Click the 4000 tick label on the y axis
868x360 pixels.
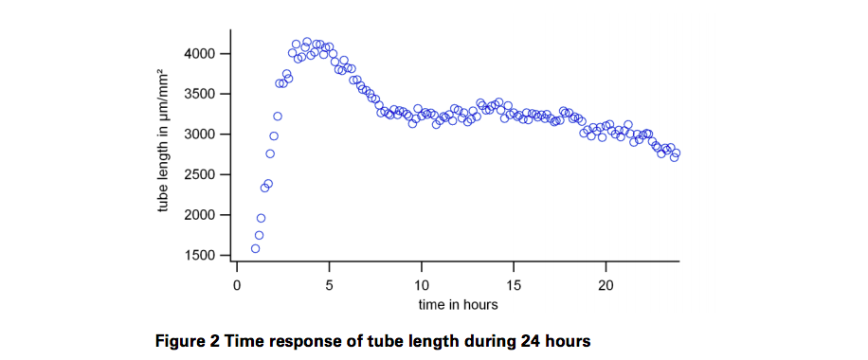(x=201, y=54)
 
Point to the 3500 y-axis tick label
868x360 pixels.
(x=201, y=94)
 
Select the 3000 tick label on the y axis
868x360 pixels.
(x=201, y=135)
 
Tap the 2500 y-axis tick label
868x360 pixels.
(x=201, y=175)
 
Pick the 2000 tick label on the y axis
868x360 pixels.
(x=201, y=215)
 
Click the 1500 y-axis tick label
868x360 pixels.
(x=201, y=256)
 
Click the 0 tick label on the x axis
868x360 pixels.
(x=237, y=283)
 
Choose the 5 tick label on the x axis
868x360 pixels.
(x=329, y=283)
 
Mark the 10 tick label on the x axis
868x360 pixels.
(x=422, y=283)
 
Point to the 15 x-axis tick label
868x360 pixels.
(x=514, y=283)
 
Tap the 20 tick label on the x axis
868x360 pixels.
(x=606, y=283)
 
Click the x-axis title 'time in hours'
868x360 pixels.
(x=458, y=305)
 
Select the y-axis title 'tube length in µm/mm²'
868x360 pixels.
(x=162, y=141)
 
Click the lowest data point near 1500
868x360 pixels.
(x=255, y=248)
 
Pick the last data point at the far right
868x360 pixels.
(x=676, y=153)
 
